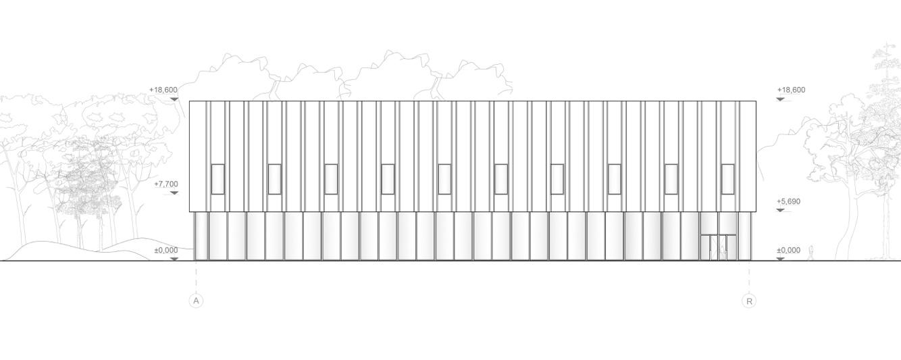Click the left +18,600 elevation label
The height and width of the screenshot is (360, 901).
pyautogui.click(x=163, y=90)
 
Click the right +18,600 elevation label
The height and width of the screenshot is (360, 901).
pyautogui.click(x=791, y=90)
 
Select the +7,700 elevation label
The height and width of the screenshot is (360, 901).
pyautogui.click(x=165, y=184)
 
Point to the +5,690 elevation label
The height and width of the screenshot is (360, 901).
pyautogui.click(x=788, y=201)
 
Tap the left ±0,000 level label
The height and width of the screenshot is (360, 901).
pyautogui.click(x=165, y=251)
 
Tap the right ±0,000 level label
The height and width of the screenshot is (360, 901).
pyautogui.click(x=788, y=251)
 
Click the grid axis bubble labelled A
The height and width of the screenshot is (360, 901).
pyautogui.click(x=196, y=301)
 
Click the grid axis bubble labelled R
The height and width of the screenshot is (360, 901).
pyautogui.click(x=748, y=301)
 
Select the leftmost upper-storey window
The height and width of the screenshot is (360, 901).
pyautogui.click(x=217, y=179)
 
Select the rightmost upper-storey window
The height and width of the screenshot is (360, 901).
pyautogui.click(x=727, y=179)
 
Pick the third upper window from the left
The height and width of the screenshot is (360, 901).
pyautogui.click(x=331, y=179)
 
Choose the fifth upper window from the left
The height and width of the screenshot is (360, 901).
pyautogui.click(x=444, y=179)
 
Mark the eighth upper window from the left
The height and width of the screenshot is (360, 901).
pyautogui.click(x=614, y=179)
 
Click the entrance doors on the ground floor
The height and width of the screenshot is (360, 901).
pyautogui.click(x=718, y=247)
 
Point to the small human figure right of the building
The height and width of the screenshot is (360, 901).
pyautogui.click(x=811, y=253)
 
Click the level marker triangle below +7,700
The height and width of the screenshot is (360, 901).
pyautogui.click(x=174, y=193)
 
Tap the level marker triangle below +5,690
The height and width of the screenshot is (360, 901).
pyautogui.click(x=780, y=211)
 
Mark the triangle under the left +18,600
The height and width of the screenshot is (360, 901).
pyautogui.click(x=174, y=99)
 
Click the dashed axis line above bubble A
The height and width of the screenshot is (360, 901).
pyautogui.click(x=196, y=277)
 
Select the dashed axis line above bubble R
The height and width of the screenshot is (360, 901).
pyautogui.click(x=748, y=277)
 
